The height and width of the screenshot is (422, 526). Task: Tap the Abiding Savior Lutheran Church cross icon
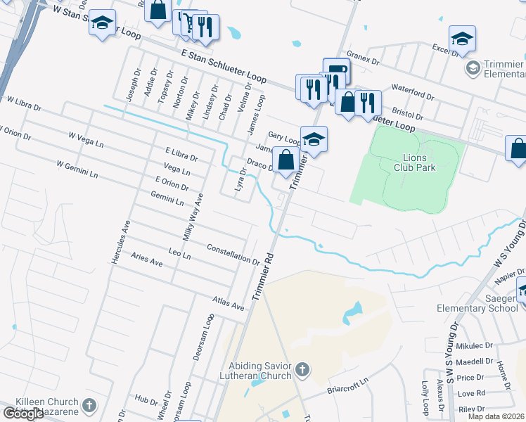point(302,369)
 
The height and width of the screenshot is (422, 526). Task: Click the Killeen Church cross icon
point(89,405)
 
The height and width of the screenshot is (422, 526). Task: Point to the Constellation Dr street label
point(233,254)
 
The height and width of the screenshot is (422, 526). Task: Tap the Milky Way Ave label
point(193,217)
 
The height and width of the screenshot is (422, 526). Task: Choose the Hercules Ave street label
point(117,242)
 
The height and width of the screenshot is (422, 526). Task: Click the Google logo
point(23,414)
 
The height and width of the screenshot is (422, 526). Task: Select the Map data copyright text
point(496,416)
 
